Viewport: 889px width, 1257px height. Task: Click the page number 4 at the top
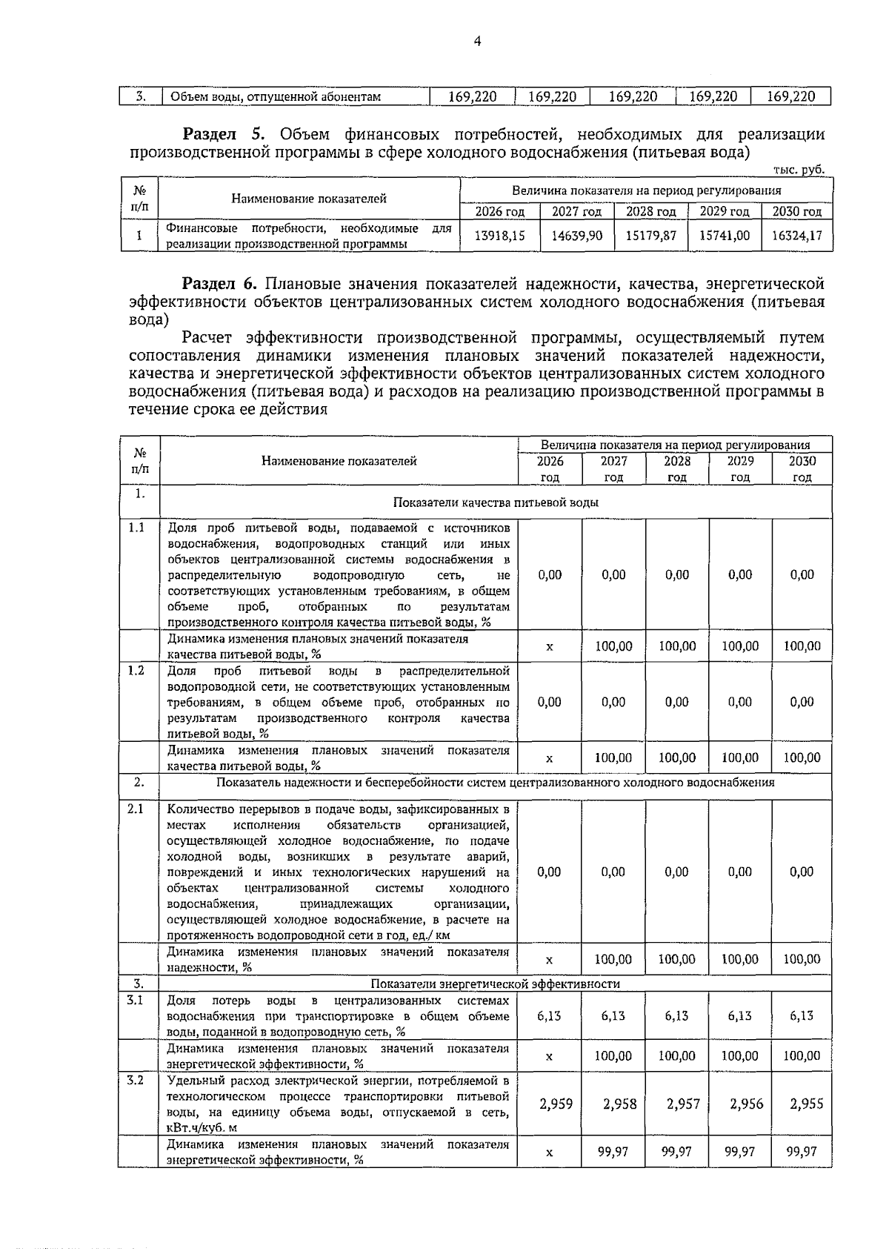tap(476, 42)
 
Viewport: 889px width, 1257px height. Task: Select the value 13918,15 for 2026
tap(499, 236)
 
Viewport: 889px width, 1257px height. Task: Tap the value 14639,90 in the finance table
tap(576, 236)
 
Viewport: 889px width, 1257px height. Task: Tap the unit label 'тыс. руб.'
tap(798, 170)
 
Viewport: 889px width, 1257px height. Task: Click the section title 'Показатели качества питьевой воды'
tap(496, 502)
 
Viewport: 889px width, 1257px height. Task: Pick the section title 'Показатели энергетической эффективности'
tap(495, 984)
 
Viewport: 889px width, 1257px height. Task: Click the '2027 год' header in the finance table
tap(576, 212)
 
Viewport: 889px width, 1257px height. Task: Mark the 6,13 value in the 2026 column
tap(549, 1015)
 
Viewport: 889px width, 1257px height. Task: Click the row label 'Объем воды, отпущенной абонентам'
tap(276, 97)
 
